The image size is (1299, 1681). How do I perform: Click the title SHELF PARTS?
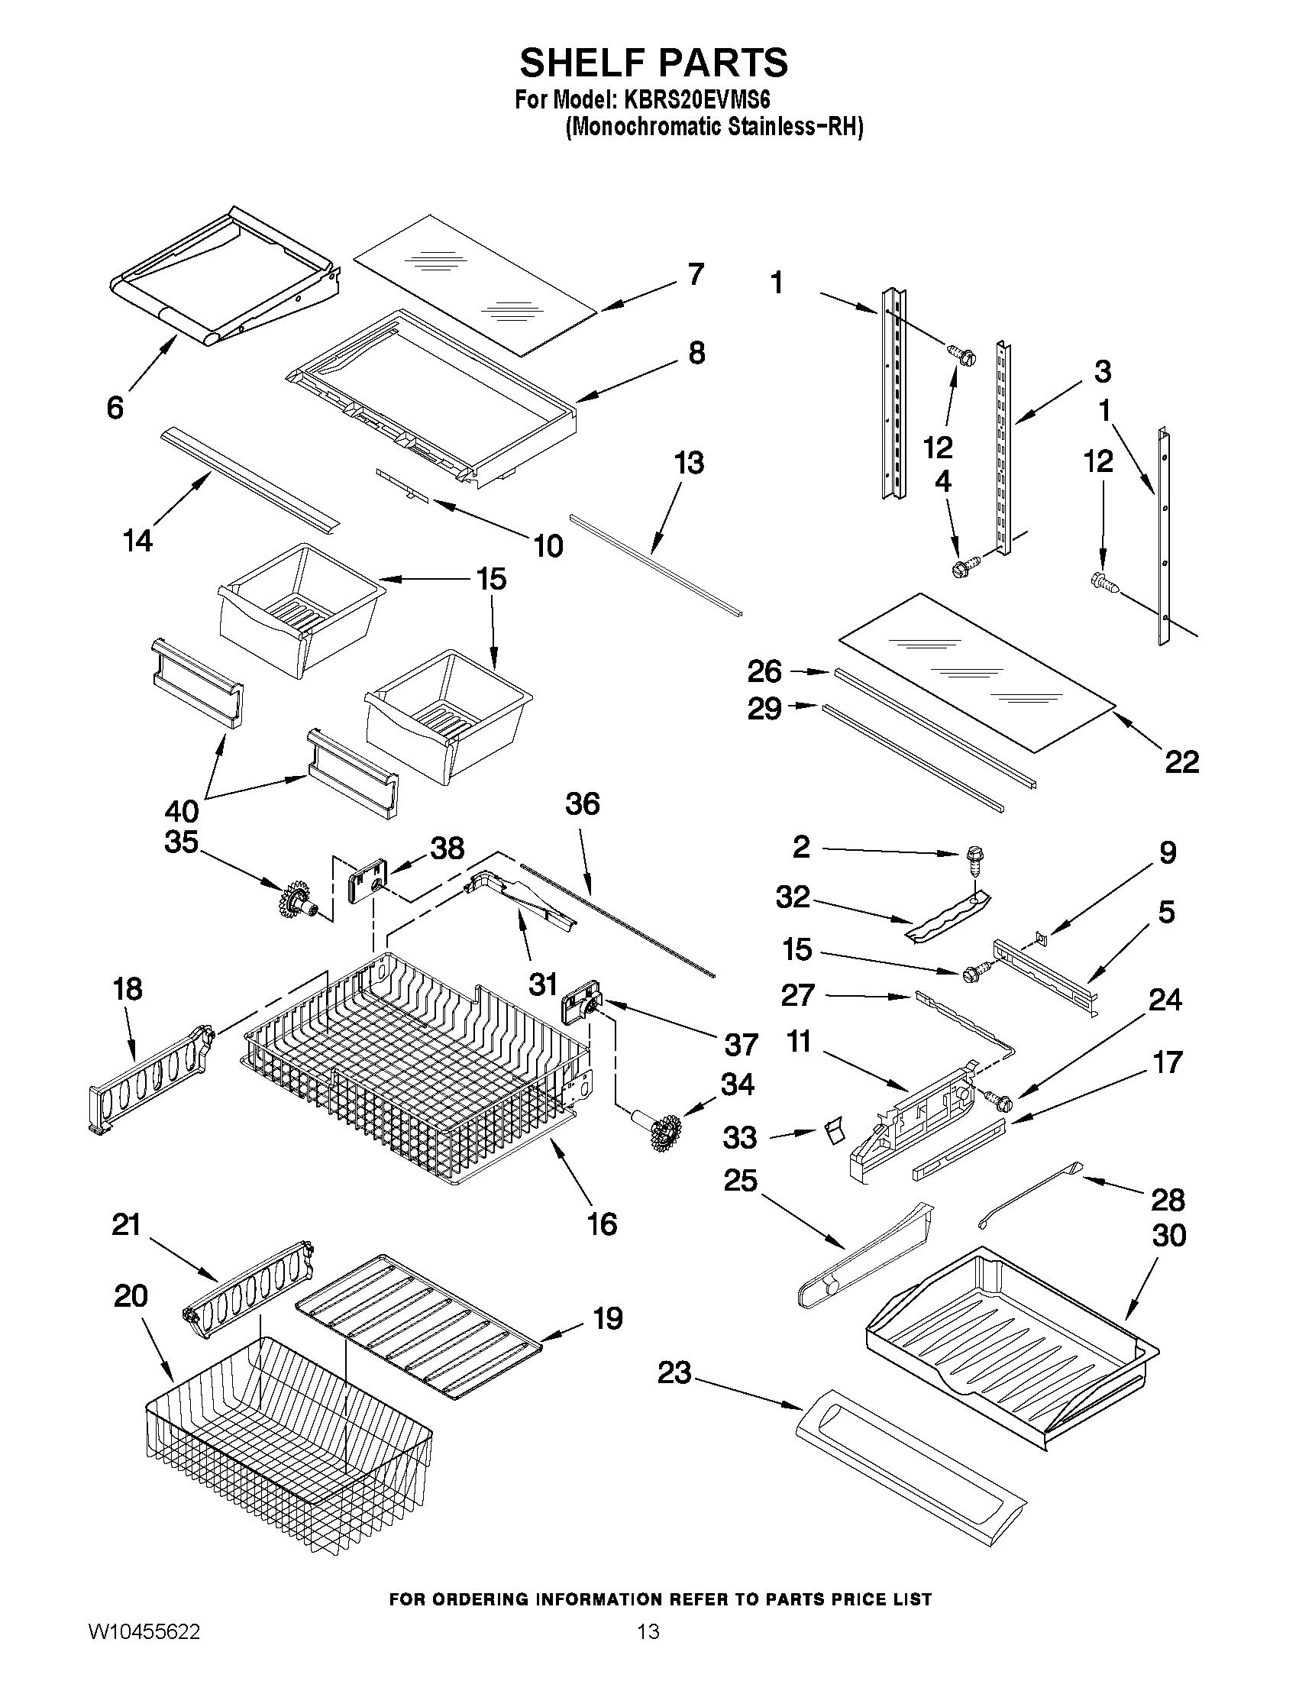(654, 63)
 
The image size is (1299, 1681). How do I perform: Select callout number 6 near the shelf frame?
(115, 407)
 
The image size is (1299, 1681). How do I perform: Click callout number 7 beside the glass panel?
(695, 274)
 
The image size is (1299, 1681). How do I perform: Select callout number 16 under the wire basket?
(602, 1223)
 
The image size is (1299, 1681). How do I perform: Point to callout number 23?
(674, 1372)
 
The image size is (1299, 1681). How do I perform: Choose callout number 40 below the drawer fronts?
(182, 810)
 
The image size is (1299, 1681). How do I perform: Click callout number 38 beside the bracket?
(447, 849)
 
